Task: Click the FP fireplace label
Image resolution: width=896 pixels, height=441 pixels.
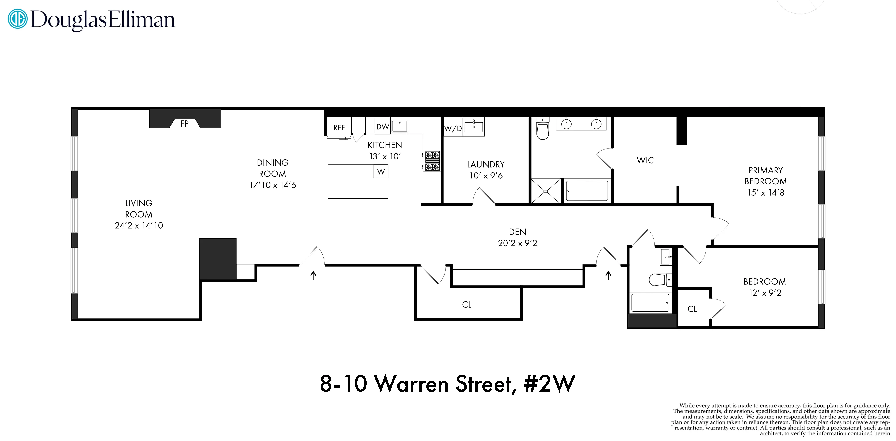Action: (x=184, y=123)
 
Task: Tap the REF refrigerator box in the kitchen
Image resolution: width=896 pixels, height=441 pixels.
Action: (x=339, y=128)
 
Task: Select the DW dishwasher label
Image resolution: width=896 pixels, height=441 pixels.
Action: (x=382, y=127)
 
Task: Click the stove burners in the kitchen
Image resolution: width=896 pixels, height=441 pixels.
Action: (x=432, y=161)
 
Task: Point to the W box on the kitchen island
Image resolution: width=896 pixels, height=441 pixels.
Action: (x=381, y=171)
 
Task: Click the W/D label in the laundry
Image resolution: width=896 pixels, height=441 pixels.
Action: (x=453, y=129)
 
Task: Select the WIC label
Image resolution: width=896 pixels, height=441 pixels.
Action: (x=645, y=160)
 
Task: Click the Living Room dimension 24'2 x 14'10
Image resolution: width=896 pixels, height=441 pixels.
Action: (x=139, y=225)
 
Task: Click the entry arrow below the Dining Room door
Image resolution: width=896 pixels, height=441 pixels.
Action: (x=313, y=276)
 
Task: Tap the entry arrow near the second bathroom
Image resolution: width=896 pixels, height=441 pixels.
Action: (x=608, y=276)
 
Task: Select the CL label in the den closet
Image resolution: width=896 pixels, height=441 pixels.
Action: (x=466, y=305)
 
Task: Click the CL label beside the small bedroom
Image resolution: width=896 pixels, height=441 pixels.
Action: (x=692, y=309)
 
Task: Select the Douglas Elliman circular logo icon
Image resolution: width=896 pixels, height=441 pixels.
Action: (x=17, y=19)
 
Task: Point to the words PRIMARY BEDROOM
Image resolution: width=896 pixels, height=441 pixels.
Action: (x=765, y=176)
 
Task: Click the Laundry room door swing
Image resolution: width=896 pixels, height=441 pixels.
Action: (x=483, y=197)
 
